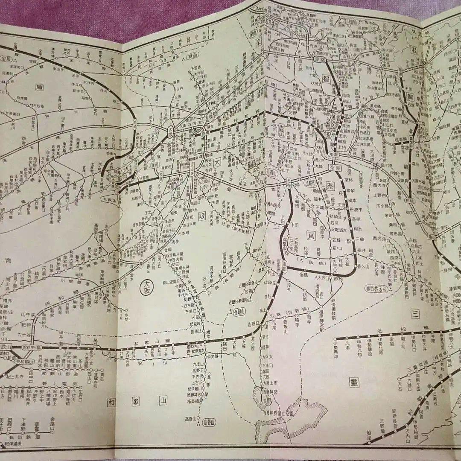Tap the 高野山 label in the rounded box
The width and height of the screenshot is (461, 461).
[210, 422]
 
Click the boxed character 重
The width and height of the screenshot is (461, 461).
[354, 382]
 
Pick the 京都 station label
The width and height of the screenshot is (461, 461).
[319, 60]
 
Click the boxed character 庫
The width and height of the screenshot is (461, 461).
[41, 87]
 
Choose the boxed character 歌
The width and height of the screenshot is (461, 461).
[136, 402]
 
